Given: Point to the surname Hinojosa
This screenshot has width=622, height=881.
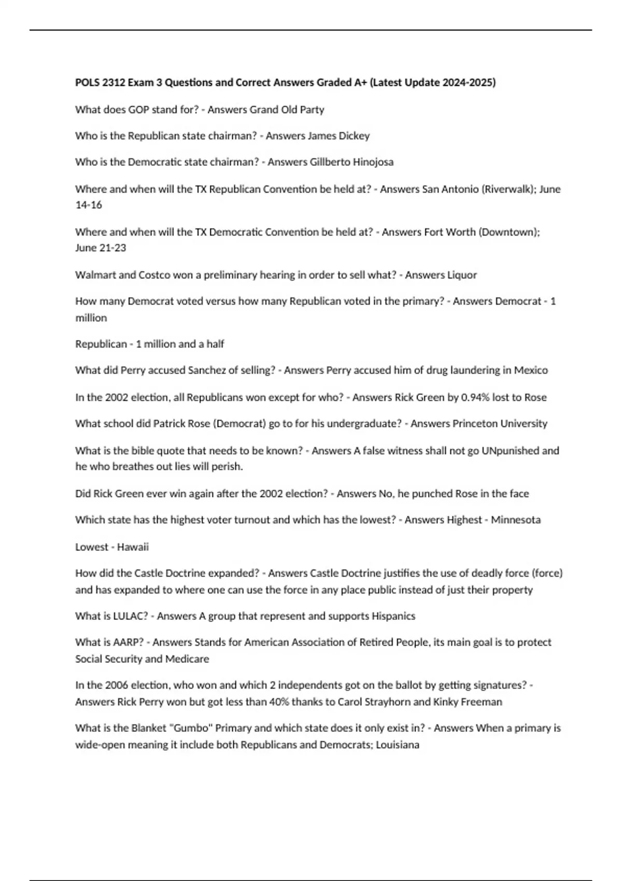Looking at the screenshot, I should tap(373, 162).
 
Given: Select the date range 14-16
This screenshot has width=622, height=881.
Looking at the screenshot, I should tap(89, 205).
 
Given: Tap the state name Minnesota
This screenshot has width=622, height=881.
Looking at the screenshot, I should tap(516, 520).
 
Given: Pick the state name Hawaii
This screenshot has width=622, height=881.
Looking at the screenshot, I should tap(133, 547).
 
